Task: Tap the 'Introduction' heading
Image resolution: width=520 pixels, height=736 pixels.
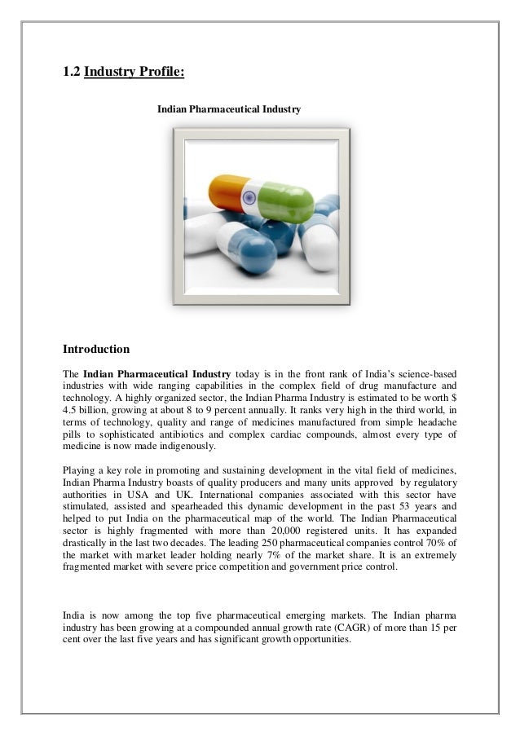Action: click(x=96, y=350)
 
